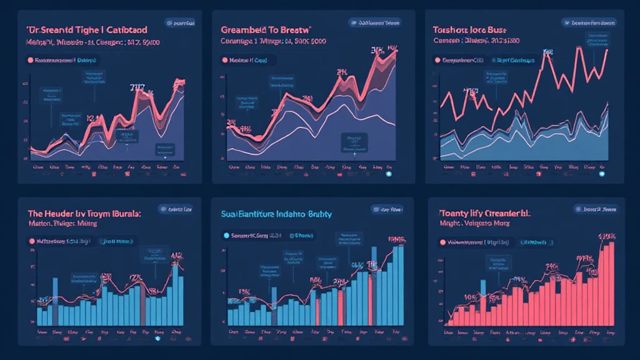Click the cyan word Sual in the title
point(230,214)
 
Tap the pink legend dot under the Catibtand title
point(30,61)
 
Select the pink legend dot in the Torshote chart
point(436,61)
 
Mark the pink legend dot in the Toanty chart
point(439,241)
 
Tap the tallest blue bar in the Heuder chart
point(176,294)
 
